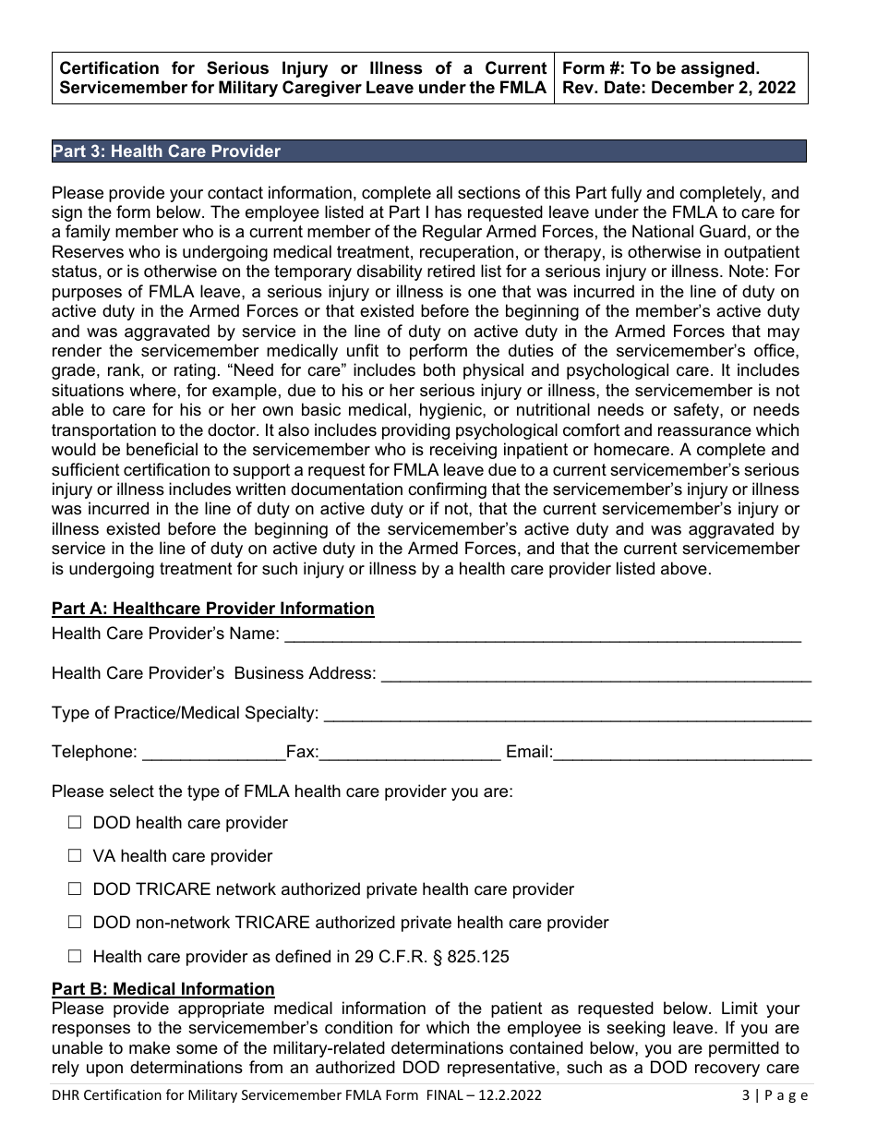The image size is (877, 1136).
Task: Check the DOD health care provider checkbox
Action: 75,822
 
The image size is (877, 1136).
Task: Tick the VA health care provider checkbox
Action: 75,855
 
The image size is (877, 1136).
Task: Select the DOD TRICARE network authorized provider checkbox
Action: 75,888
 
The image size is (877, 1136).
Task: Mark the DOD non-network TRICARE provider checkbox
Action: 75,922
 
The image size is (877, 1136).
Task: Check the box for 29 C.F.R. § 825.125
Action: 75,956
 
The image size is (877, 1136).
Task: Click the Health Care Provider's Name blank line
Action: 542,635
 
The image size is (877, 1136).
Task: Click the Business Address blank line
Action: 595,675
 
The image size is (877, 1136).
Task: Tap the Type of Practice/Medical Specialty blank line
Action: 568,715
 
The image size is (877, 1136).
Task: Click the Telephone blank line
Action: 214,755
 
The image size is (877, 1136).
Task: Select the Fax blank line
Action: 410,755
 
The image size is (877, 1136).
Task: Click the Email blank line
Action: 682,755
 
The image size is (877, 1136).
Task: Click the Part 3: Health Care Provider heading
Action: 166,151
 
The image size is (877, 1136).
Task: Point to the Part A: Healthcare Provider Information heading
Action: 213,609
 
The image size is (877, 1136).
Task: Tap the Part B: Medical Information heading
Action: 163,989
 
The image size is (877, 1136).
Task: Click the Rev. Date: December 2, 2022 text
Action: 678,89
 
